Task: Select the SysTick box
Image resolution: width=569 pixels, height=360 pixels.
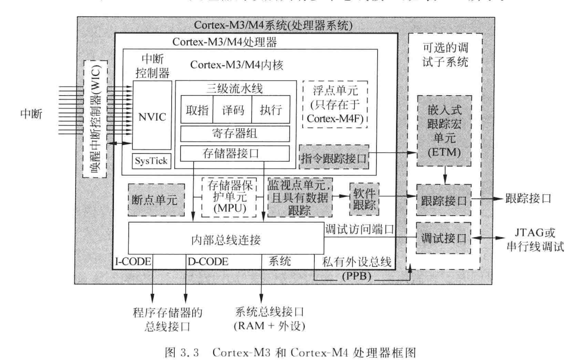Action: [x=152, y=161]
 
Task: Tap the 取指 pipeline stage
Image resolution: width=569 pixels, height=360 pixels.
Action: [x=196, y=109]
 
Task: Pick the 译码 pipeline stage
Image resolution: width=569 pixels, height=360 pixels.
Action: [x=232, y=109]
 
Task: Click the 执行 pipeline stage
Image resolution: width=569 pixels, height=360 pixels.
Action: [x=270, y=109]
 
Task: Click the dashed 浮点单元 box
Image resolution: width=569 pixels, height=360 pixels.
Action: [x=335, y=105]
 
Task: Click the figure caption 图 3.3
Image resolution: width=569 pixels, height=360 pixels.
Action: [x=284, y=349]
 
